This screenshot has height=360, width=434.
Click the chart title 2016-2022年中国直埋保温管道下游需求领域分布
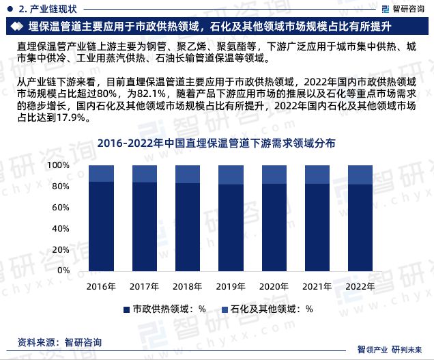click(x=216, y=143)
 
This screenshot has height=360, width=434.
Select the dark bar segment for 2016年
click(x=100, y=225)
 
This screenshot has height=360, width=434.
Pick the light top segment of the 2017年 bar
click(x=143, y=174)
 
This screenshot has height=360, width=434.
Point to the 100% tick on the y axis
click(x=59, y=166)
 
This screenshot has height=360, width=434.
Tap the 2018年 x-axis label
click(x=186, y=287)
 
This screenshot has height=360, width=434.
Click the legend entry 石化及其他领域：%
click(x=272, y=309)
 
